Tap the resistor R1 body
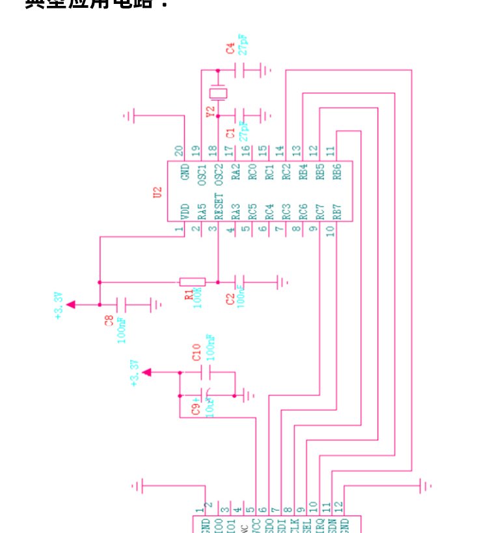click(192, 282)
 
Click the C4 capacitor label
click(229, 49)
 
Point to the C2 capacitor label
click(230, 299)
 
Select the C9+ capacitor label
click(195, 409)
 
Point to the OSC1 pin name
click(201, 174)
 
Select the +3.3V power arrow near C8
click(71, 304)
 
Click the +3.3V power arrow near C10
click(148, 372)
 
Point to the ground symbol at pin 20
click(129, 117)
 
